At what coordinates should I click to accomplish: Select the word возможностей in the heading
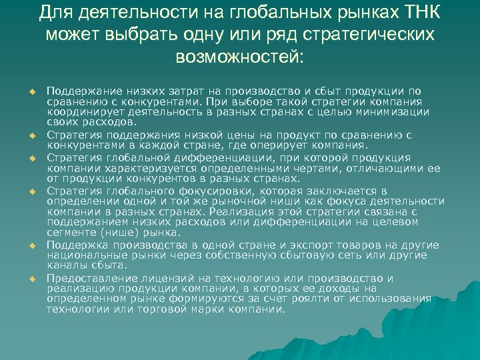tap(239, 57)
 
